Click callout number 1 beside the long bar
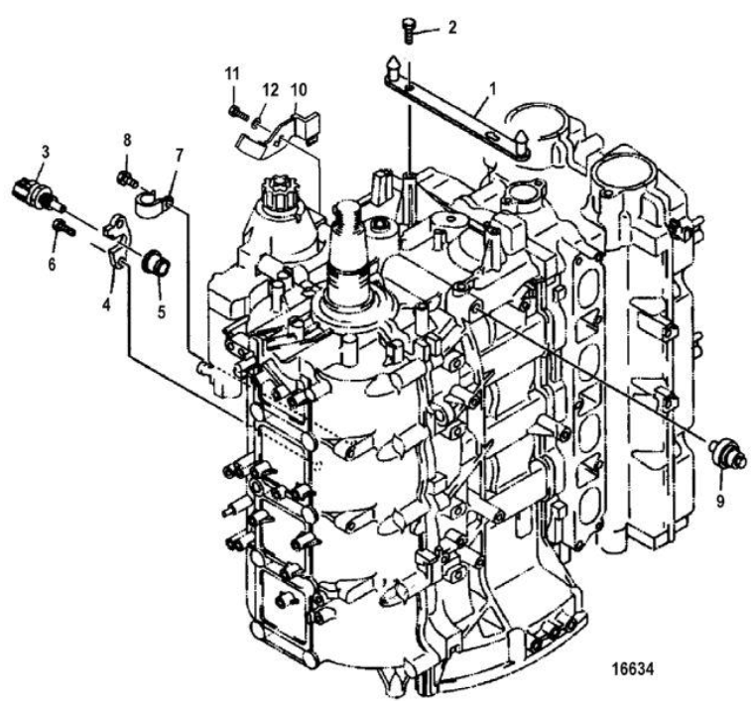click(x=494, y=90)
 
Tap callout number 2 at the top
click(x=451, y=28)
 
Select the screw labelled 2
click(x=408, y=29)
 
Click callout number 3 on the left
click(x=45, y=153)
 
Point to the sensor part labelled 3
click(x=38, y=194)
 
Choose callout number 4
click(x=106, y=303)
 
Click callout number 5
click(x=162, y=312)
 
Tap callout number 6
click(x=52, y=264)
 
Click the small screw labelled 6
click(x=63, y=226)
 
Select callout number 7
click(x=179, y=156)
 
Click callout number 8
click(x=127, y=140)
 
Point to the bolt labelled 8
click(x=127, y=179)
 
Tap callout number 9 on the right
click(x=720, y=501)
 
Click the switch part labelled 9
click(x=728, y=452)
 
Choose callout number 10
click(x=299, y=89)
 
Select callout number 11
click(x=232, y=74)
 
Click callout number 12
click(x=271, y=90)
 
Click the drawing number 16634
click(x=633, y=668)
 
